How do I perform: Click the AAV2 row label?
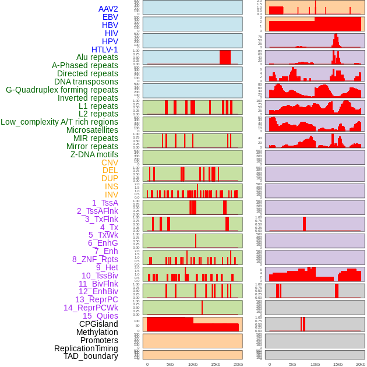point(108,9)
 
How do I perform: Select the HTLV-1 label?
point(104,50)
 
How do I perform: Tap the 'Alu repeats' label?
point(97,58)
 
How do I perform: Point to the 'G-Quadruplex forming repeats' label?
point(62,90)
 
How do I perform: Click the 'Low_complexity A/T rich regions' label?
point(59,122)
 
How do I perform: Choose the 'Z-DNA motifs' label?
point(94,154)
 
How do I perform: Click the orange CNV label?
point(110,163)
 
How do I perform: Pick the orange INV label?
point(111,195)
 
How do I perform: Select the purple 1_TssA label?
point(105,203)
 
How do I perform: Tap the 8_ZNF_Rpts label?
point(95,259)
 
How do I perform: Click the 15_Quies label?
point(100,316)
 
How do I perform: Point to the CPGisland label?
point(98,324)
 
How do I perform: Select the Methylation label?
point(97,332)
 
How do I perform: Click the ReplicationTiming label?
point(86,348)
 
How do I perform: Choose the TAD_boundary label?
point(91,356)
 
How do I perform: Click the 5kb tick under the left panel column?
point(170,364)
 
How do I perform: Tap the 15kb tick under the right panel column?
point(338,364)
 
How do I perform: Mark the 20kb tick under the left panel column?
point(238,364)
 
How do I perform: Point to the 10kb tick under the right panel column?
point(315,364)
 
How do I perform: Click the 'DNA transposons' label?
point(86,82)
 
